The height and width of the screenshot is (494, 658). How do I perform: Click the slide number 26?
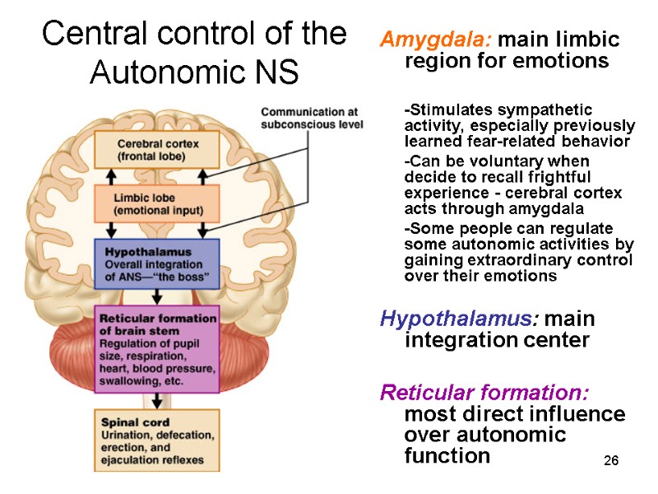(610, 459)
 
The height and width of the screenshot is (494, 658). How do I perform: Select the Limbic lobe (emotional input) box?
(156, 204)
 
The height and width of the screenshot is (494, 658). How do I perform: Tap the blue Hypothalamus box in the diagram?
(157, 263)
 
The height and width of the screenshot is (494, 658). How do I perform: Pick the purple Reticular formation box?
(157, 349)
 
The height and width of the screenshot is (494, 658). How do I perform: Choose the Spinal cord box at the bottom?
(156, 440)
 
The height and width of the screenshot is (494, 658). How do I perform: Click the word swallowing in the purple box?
(127, 383)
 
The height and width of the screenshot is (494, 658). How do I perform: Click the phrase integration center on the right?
(497, 341)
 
